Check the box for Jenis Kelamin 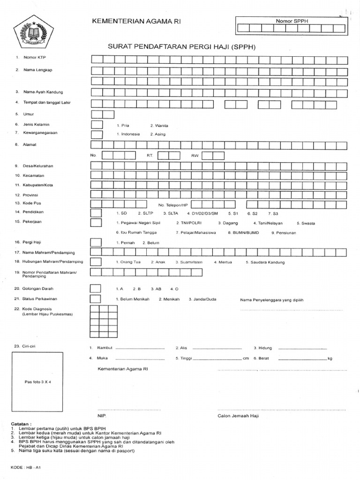click(96, 125)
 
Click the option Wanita click(159, 126)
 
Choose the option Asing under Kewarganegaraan click(158, 134)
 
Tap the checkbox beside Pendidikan click(96, 212)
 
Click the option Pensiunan click(284, 232)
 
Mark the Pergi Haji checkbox click(96, 242)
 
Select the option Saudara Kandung click(265, 262)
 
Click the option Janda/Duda click(202, 299)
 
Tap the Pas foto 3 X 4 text click(37, 382)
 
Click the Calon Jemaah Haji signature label click(238, 415)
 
